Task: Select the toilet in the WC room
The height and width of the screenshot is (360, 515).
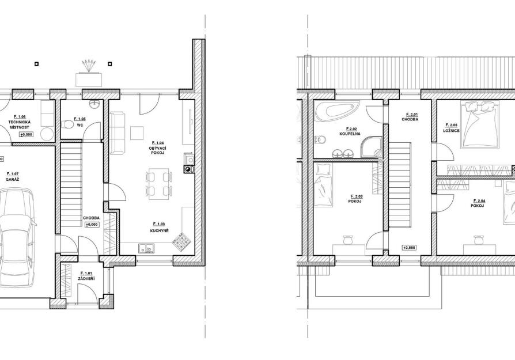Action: (x=67, y=125)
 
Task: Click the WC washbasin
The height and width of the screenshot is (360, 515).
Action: (x=95, y=105)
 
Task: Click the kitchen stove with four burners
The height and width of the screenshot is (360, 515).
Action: (x=180, y=241)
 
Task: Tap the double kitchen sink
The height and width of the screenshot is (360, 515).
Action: (x=146, y=249)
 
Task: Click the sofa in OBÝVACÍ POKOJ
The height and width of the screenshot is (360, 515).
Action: (x=118, y=133)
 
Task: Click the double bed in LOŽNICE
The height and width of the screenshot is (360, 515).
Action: (x=480, y=125)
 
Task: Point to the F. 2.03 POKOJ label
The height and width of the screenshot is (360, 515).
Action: (x=355, y=199)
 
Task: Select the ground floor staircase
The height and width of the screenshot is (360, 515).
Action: (x=71, y=184)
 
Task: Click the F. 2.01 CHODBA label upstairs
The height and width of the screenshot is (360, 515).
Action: (x=410, y=117)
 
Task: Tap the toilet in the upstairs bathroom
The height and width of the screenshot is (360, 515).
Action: (x=320, y=140)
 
